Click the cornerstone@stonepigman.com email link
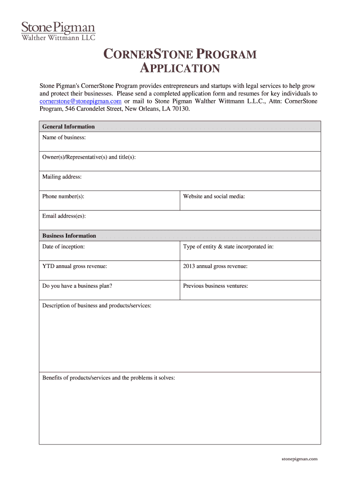[x=80, y=101]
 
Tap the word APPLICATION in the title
[x=180, y=69]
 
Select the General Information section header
[x=68, y=127]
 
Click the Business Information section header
[x=69, y=236]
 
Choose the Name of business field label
[x=64, y=138]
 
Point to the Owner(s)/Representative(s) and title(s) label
[x=89, y=157]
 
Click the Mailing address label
[x=62, y=177]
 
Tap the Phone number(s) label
[x=63, y=196]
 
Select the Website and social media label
[x=214, y=196]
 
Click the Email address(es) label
[x=64, y=216]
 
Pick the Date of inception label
[x=63, y=247]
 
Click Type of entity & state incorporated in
[x=228, y=247]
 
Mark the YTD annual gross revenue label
[x=74, y=266]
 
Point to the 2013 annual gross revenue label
[x=215, y=266]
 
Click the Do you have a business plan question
[x=77, y=286]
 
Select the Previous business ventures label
[x=216, y=286]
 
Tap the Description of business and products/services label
[x=97, y=305]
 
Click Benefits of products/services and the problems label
[x=108, y=377]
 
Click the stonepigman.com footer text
[x=299, y=459]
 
